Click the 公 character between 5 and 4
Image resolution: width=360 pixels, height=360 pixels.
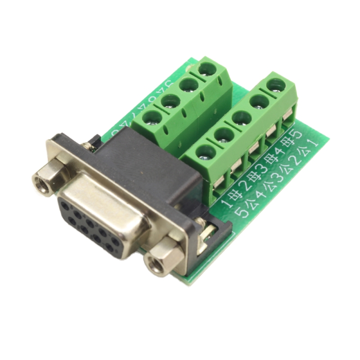pos(250,202)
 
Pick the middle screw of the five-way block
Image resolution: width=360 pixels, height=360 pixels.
pos(241,118)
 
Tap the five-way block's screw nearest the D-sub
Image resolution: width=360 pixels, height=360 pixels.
pos(206,152)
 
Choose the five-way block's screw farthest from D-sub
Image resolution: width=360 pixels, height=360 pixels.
pos(275,85)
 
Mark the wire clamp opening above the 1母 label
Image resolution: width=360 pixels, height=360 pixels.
pos(219,183)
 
